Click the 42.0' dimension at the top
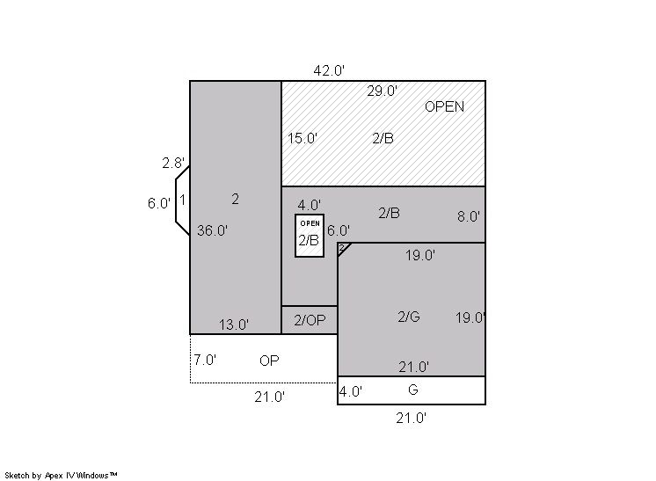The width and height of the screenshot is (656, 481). [329, 70]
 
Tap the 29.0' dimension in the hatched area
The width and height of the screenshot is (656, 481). [383, 91]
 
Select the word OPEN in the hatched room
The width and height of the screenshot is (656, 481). [444, 106]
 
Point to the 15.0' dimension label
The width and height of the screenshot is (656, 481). [302, 138]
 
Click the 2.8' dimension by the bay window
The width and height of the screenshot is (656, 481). [173, 163]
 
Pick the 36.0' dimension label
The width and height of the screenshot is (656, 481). [213, 230]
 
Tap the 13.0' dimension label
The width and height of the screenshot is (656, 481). [234, 324]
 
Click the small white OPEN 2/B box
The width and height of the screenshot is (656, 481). [310, 236]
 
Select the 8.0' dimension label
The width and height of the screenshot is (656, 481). [469, 216]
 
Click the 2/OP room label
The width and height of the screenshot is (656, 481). [310, 320]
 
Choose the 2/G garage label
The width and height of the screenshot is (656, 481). [409, 317]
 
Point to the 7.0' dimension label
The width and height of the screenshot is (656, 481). [205, 360]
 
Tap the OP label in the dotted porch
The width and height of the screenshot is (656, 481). [269, 361]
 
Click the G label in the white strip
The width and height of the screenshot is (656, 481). [413, 390]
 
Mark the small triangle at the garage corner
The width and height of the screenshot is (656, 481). [342, 248]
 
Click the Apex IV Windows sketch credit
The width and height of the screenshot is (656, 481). [61, 475]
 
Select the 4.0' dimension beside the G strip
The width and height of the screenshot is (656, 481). [351, 391]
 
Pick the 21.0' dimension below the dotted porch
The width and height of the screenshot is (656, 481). [269, 397]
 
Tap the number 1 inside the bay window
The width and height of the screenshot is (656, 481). [182, 200]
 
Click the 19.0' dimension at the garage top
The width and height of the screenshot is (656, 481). [420, 255]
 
